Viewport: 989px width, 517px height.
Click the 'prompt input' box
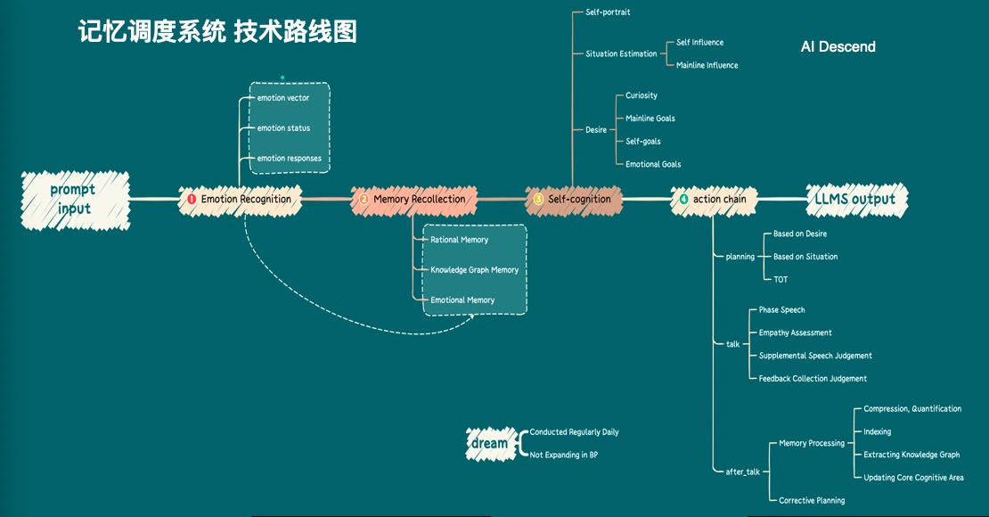(75, 199)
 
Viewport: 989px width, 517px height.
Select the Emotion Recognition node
(241, 199)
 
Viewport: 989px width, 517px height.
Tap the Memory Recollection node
(414, 199)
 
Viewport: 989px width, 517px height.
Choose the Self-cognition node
(574, 199)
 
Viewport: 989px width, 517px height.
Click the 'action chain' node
(715, 199)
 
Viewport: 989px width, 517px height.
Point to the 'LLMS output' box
(854, 199)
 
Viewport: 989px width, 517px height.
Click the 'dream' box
(489, 443)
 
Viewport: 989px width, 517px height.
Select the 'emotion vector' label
(283, 98)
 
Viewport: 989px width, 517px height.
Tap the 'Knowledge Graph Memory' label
(474, 270)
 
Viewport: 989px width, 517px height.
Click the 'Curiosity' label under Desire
(642, 95)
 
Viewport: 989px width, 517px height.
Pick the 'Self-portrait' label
(608, 12)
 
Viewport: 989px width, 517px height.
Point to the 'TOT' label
(781, 280)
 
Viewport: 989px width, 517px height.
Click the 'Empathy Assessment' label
(795, 332)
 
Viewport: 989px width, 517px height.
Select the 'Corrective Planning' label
(812, 501)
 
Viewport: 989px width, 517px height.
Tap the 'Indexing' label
(877, 432)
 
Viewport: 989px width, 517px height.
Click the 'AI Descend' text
(838, 46)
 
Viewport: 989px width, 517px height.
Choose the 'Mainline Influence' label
(707, 65)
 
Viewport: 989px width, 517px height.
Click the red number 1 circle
(191, 200)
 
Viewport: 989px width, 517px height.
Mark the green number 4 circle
(683, 200)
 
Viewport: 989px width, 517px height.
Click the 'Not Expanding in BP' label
(563, 455)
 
